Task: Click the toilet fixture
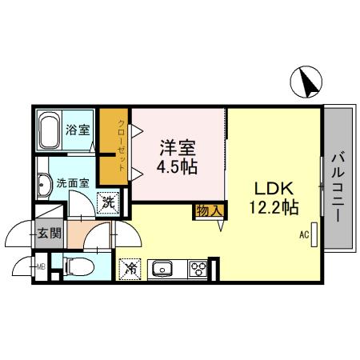[x=77, y=266]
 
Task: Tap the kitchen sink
[x=162, y=269]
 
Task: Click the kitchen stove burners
[x=196, y=268]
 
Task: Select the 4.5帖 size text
[x=178, y=169]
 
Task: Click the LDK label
[x=274, y=189]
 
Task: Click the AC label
[x=304, y=235]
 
